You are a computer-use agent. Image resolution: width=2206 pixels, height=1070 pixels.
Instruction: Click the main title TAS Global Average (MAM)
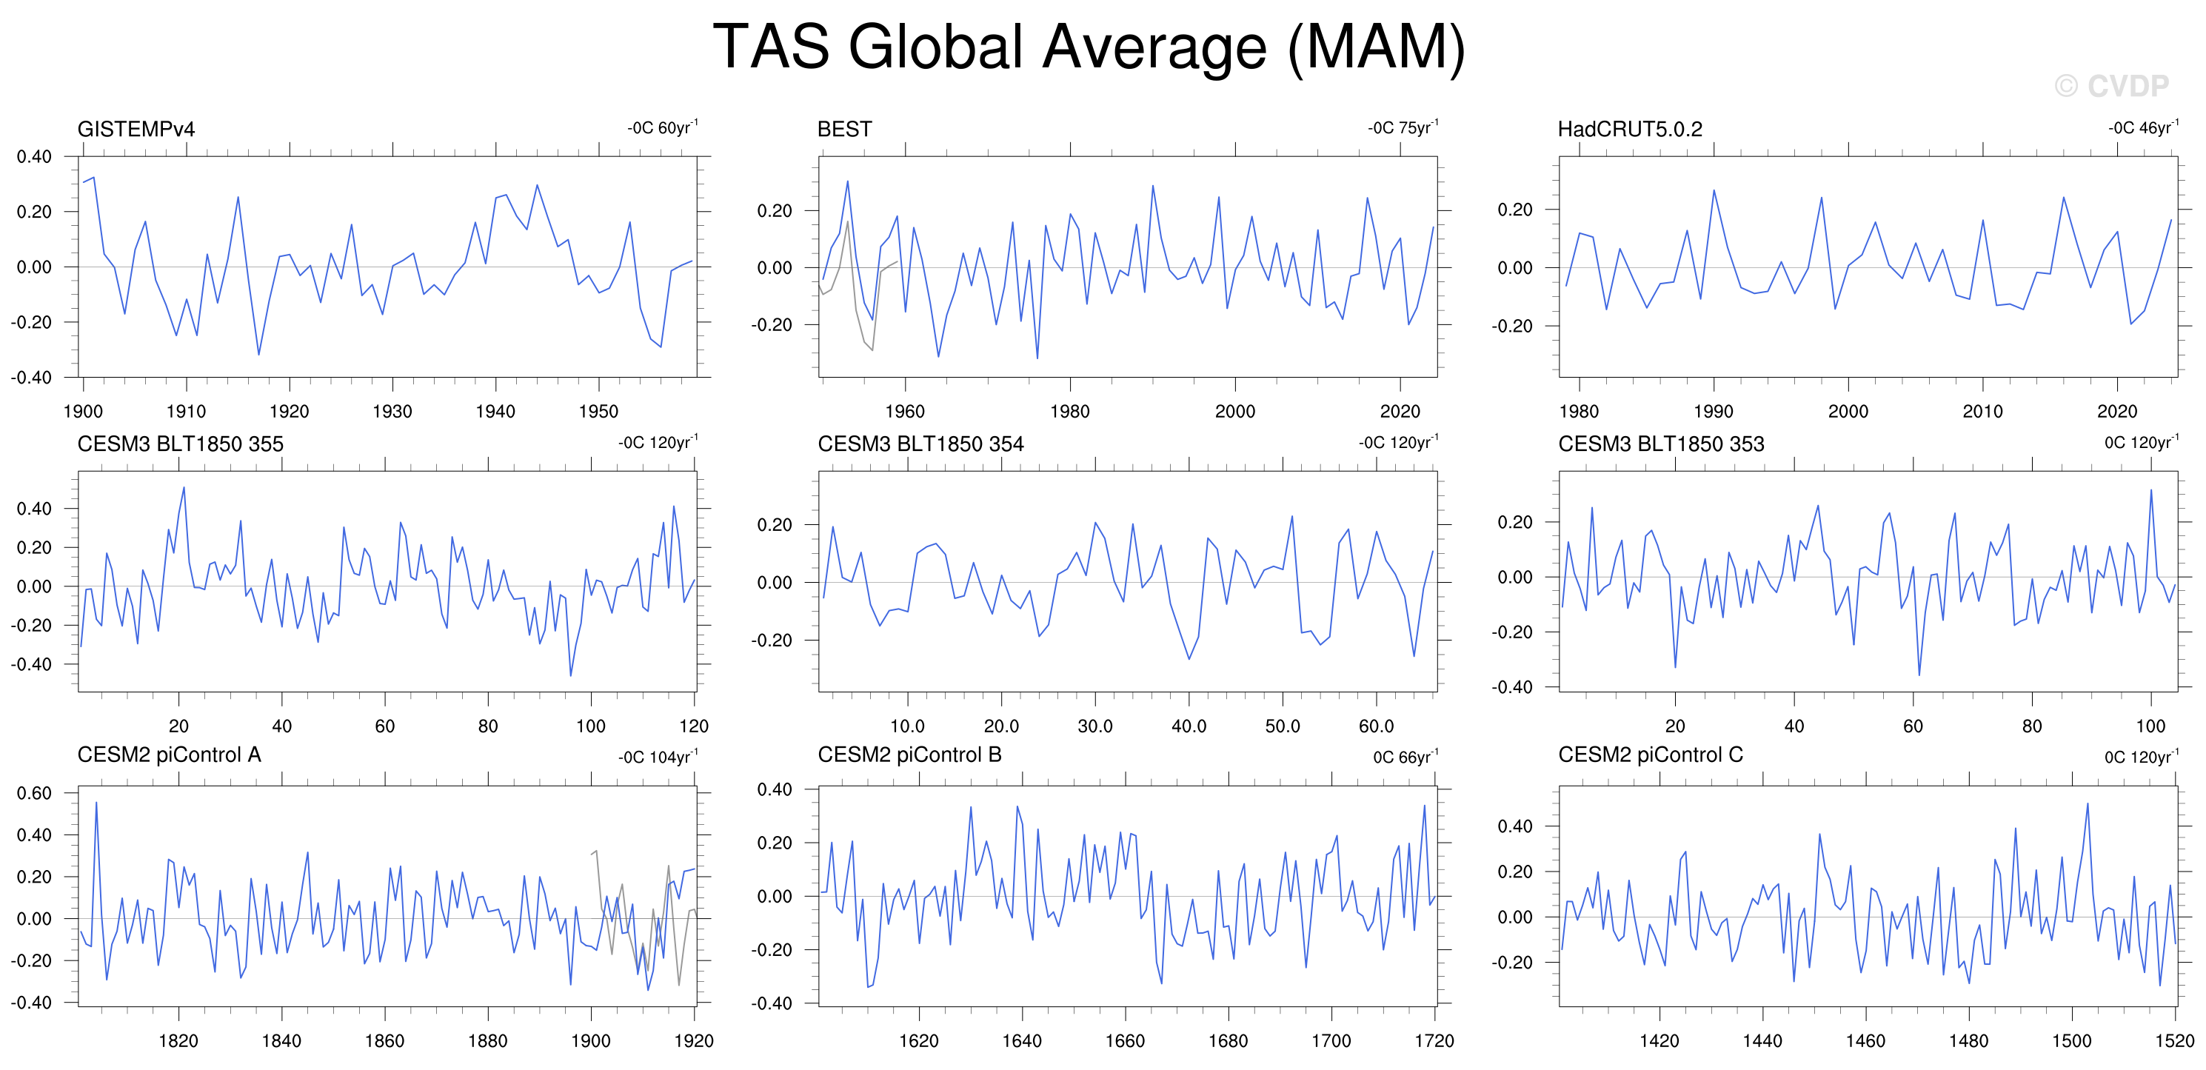coord(1089,48)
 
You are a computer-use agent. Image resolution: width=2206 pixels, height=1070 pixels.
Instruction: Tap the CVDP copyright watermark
coord(2112,86)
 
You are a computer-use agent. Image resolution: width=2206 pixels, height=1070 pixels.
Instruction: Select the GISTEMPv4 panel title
coord(136,130)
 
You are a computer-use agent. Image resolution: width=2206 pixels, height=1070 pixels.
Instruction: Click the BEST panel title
coord(844,130)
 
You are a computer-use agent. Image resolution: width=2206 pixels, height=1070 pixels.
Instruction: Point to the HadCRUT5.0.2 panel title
coord(1630,130)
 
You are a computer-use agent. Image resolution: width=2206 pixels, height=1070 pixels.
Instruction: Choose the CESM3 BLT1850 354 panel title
coord(920,444)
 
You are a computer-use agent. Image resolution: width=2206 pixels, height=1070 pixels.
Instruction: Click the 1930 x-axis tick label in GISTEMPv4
coord(392,411)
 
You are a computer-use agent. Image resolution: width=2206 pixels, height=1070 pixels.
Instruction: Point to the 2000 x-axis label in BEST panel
coord(1235,411)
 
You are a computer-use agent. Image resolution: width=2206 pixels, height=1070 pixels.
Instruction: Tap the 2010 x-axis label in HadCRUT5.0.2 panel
coord(1982,411)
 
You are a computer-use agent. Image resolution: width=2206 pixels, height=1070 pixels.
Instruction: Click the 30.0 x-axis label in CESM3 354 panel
coord(1094,726)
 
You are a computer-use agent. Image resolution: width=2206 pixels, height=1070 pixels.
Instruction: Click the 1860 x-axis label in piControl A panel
coord(384,1041)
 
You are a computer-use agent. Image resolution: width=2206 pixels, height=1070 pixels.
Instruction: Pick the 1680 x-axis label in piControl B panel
coord(1228,1041)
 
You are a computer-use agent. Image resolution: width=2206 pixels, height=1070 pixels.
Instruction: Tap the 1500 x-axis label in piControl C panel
coord(2071,1041)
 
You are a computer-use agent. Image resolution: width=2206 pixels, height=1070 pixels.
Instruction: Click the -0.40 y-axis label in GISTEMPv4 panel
coord(32,378)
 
